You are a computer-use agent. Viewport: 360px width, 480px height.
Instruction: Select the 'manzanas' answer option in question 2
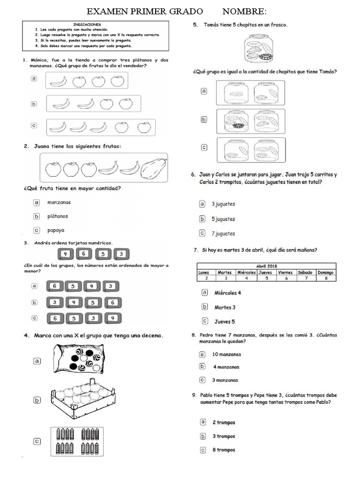click(x=59, y=202)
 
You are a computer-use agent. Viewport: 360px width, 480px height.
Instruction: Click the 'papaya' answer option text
click(x=56, y=230)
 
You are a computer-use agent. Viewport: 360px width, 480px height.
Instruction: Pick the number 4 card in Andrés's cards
click(x=66, y=254)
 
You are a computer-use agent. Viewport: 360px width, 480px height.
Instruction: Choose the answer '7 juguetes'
click(x=223, y=233)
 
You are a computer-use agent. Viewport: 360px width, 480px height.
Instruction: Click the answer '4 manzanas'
click(x=226, y=367)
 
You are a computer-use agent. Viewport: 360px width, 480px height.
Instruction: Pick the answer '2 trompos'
click(x=224, y=422)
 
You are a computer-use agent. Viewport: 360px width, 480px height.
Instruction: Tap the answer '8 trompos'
click(x=224, y=450)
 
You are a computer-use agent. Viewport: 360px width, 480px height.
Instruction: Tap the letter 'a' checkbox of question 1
click(x=34, y=79)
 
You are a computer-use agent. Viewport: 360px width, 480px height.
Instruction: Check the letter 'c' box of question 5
click(x=204, y=147)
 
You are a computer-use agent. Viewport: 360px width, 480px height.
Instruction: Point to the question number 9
click(x=194, y=395)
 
